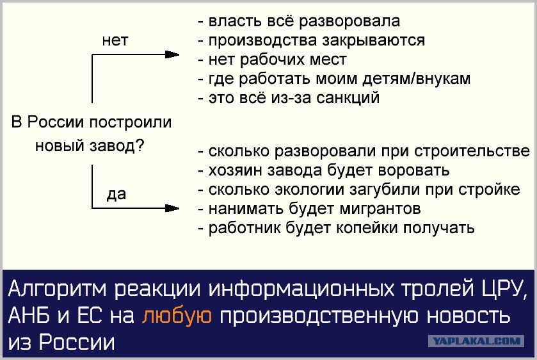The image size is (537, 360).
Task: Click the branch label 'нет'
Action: pos(115,40)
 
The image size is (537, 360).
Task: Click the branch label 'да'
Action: pos(116,194)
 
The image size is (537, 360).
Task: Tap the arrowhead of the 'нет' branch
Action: pos(172,54)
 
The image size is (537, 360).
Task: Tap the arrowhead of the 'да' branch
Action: pos(172,208)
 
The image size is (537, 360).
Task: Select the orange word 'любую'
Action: pos(177,315)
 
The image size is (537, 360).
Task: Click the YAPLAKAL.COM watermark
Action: pos(476,341)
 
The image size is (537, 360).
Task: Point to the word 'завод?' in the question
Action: pos(116,146)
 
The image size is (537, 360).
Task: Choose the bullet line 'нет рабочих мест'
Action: pos(273,60)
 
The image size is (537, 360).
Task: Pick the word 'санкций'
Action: pos(348,98)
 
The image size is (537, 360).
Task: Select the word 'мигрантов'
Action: pos(380,209)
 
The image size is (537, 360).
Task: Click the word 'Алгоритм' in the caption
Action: pos(57,289)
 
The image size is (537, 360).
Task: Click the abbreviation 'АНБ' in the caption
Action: pos(28,315)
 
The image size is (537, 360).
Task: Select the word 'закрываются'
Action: pos(374,40)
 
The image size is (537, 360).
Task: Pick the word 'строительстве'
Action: pos(472,151)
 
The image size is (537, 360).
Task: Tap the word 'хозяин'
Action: pos(236,170)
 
